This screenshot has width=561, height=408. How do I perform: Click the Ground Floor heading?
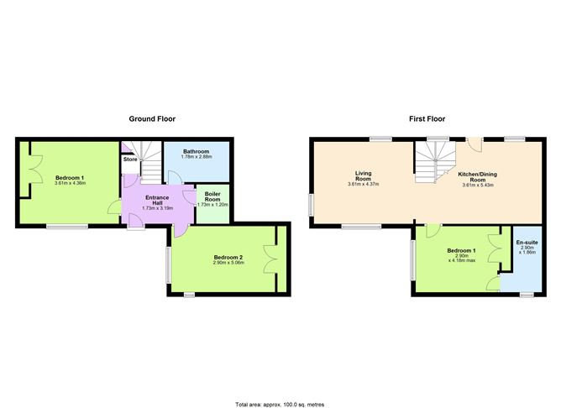pyautogui.click(x=152, y=118)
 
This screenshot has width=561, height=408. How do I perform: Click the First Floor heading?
pyautogui.click(x=427, y=118)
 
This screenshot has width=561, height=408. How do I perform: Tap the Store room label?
pyautogui.click(x=130, y=160)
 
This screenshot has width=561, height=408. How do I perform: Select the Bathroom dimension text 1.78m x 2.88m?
pyautogui.click(x=197, y=157)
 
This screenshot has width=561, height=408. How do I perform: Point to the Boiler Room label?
pyautogui.click(x=212, y=196)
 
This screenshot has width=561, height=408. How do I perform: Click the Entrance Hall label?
pyautogui.click(x=157, y=201)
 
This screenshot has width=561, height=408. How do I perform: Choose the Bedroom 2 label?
pyautogui.click(x=228, y=258)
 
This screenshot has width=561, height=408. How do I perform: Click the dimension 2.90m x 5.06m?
pyautogui.click(x=228, y=263)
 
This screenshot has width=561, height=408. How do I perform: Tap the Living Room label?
pyautogui.click(x=363, y=176)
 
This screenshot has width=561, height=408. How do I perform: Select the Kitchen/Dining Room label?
pyautogui.click(x=478, y=177)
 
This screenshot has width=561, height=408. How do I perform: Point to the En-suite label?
pyautogui.click(x=527, y=243)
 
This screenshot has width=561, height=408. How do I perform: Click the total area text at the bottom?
pyautogui.click(x=280, y=405)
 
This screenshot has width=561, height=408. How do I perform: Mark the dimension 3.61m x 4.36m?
pyautogui.click(x=71, y=183)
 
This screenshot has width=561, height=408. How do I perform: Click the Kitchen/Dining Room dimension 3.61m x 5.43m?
pyautogui.click(x=478, y=185)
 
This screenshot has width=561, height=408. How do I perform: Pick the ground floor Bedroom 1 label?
pyautogui.click(x=70, y=178)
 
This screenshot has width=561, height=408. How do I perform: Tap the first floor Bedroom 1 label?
pyautogui.click(x=462, y=251)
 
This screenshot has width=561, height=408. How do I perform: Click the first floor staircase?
pyautogui.click(x=435, y=162)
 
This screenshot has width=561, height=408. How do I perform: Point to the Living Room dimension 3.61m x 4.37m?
pyautogui.click(x=363, y=184)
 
